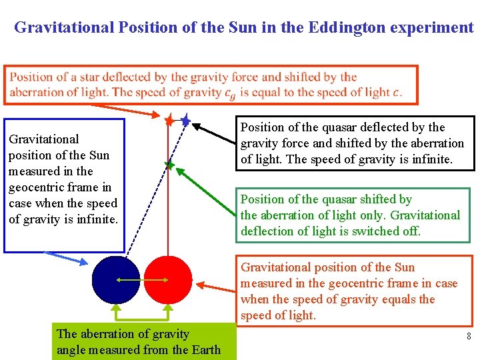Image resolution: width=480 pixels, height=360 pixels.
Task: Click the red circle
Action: click(x=168, y=279)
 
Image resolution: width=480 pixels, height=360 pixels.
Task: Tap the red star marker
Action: click(x=169, y=120)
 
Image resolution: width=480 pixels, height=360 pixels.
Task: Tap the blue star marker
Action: click(x=185, y=120)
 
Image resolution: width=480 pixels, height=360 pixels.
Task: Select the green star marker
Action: click(x=169, y=164)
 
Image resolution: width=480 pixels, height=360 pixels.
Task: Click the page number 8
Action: click(x=469, y=337)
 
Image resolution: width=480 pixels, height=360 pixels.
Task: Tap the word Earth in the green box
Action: click(x=204, y=350)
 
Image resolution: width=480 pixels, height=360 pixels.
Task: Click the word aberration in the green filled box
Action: click(x=103, y=334)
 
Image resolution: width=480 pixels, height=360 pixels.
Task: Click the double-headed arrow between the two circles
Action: click(x=141, y=280)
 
